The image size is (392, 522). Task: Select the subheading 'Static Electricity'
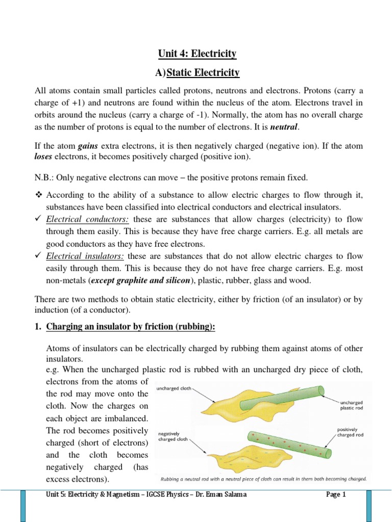(x=203, y=73)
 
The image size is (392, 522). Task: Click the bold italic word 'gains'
(x=88, y=146)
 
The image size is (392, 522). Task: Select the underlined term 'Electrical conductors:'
(x=87, y=219)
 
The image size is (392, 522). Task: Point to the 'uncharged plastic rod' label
(x=351, y=405)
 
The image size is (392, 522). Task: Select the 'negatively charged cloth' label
(x=176, y=435)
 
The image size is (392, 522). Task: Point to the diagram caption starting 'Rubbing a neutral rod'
(x=263, y=479)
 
